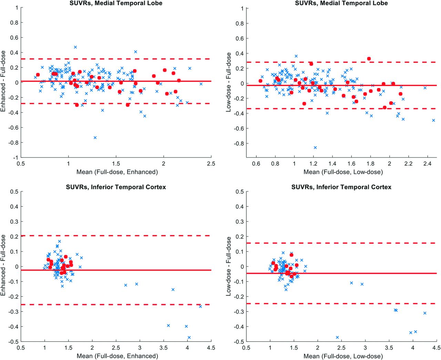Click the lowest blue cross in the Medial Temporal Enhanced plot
[x=95, y=137]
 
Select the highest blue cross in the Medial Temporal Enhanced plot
[x=75, y=47]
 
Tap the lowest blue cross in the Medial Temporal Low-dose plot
[x=315, y=148]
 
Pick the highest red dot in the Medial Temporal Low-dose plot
[x=369, y=59]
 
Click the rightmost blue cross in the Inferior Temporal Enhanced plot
[x=200, y=307]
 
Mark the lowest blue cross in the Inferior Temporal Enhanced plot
[x=189, y=337]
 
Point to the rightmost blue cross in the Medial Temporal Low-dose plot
[x=433, y=120]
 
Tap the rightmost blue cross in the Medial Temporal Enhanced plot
[x=201, y=84]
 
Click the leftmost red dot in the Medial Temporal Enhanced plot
[x=38, y=75]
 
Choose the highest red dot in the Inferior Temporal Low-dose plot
[x=291, y=255]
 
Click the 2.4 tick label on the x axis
[x=428, y=163]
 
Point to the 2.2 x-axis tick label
[x=408, y=163]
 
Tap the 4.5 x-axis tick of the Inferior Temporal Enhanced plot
[x=211, y=348]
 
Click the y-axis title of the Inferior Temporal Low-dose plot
[x=228, y=266]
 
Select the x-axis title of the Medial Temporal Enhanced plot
[x=117, y=172]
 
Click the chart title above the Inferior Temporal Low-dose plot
[x=341, y=187]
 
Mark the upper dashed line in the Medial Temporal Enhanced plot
[x=116, y=59]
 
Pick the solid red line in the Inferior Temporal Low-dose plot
[x=341, y=273]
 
